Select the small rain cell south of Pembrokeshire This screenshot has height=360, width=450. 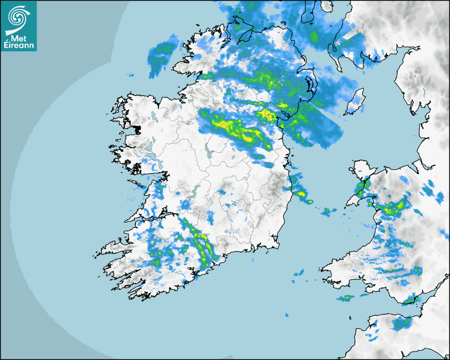(x=345, y=298)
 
